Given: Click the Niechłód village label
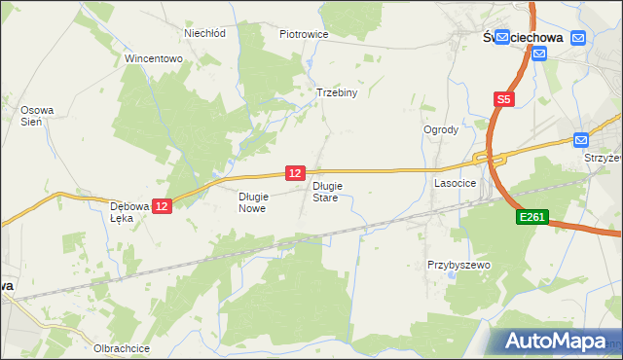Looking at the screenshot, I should (x=204, y=33).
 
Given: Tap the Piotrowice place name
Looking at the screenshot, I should (x=304, y=34).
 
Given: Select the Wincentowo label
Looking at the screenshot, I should (x=154, y=58).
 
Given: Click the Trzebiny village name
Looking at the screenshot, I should (x=338, y=93).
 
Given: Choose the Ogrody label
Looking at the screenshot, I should (x=440, y=129).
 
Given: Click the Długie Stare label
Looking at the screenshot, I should (x=326, y=191).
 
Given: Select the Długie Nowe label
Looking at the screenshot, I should (x=252, y=201).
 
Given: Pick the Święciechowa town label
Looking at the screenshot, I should (x=526, y=37).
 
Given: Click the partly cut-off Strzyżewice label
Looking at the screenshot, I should (x=603, y=157).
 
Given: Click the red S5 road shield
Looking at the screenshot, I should (x=503, y=99).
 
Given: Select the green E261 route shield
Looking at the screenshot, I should (x=531, y=221).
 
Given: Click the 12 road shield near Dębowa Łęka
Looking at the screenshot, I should (x=162, y=206).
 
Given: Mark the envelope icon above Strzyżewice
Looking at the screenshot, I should (x=581, y=139).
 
